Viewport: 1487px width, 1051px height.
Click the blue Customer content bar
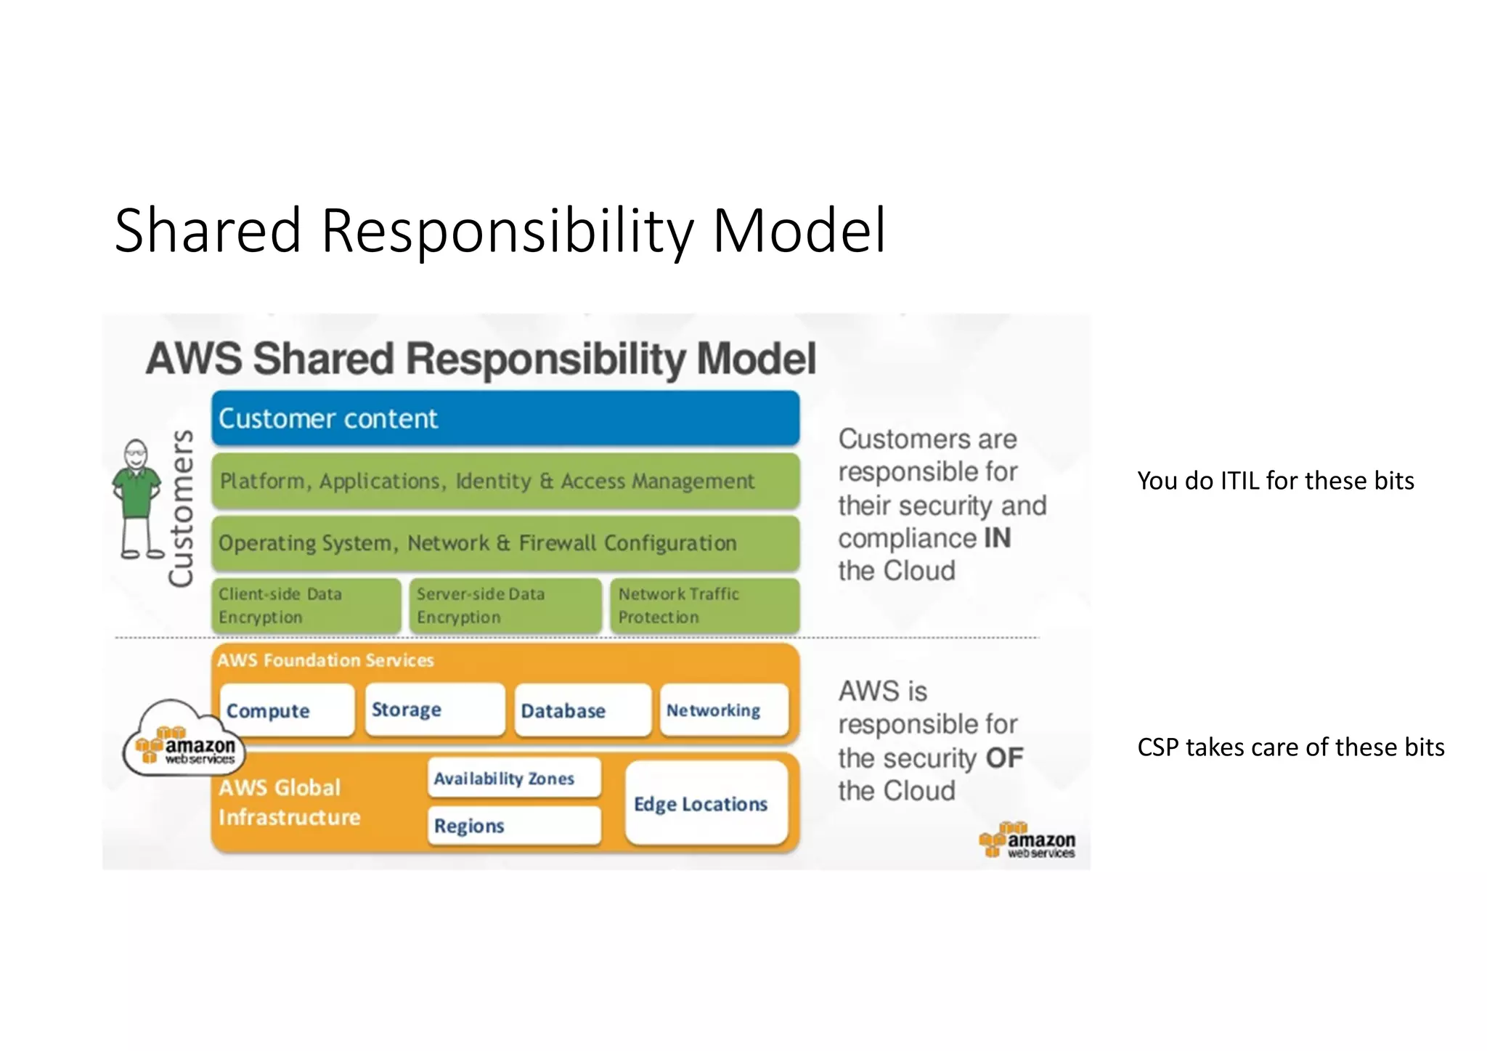505,418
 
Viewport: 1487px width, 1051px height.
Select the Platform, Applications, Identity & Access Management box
505,481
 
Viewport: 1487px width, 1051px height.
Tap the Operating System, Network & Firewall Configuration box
505,543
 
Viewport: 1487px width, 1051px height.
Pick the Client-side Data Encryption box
306,606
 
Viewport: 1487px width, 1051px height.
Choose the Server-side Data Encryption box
505,606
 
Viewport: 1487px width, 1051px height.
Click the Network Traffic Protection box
704,606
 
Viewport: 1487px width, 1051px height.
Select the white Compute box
287,710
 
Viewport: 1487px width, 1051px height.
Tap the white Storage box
434,710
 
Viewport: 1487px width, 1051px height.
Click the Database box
582,710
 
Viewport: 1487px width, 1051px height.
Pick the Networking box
724,710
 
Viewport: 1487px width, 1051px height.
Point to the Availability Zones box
514,778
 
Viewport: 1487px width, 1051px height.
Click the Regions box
514,826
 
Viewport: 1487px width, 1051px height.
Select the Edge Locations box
706,803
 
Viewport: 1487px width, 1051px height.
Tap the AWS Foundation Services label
325,660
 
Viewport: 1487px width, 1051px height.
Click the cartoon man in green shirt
137,498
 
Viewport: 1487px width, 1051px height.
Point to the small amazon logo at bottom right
1027,841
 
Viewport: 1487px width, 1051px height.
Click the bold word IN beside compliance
997,538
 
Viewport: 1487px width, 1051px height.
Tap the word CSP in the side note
1158,747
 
